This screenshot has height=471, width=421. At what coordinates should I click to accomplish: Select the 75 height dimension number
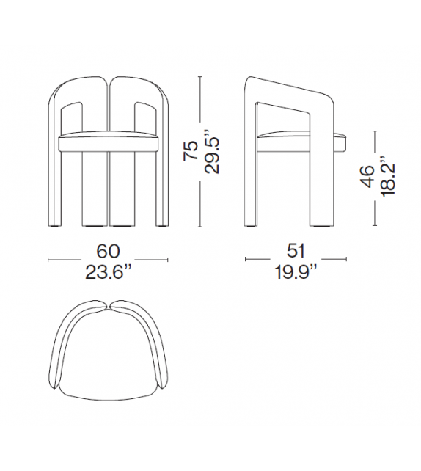(x=189, y=152)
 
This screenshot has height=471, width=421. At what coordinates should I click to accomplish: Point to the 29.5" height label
(x=212, y=152)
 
